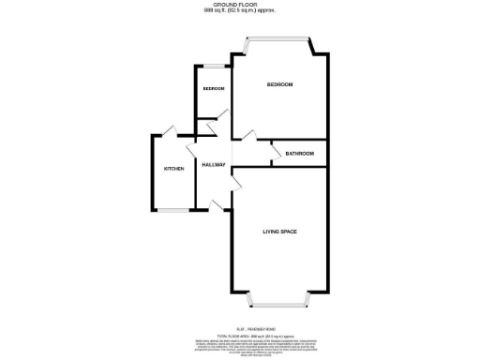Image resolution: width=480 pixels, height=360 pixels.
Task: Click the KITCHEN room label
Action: coord(174,169)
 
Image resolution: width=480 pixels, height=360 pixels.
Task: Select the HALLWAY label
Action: coord(214,165)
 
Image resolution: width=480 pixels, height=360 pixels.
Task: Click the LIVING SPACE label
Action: coord(280,231)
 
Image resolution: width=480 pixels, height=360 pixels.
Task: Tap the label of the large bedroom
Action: coord(279,85)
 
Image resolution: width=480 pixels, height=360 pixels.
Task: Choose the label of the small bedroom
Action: coord(213,89)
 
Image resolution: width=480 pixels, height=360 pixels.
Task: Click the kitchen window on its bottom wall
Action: coord(172,210)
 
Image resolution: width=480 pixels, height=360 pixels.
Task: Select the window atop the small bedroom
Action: coord(213,66)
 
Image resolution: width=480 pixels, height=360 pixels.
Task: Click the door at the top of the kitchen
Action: coord(169,131)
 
